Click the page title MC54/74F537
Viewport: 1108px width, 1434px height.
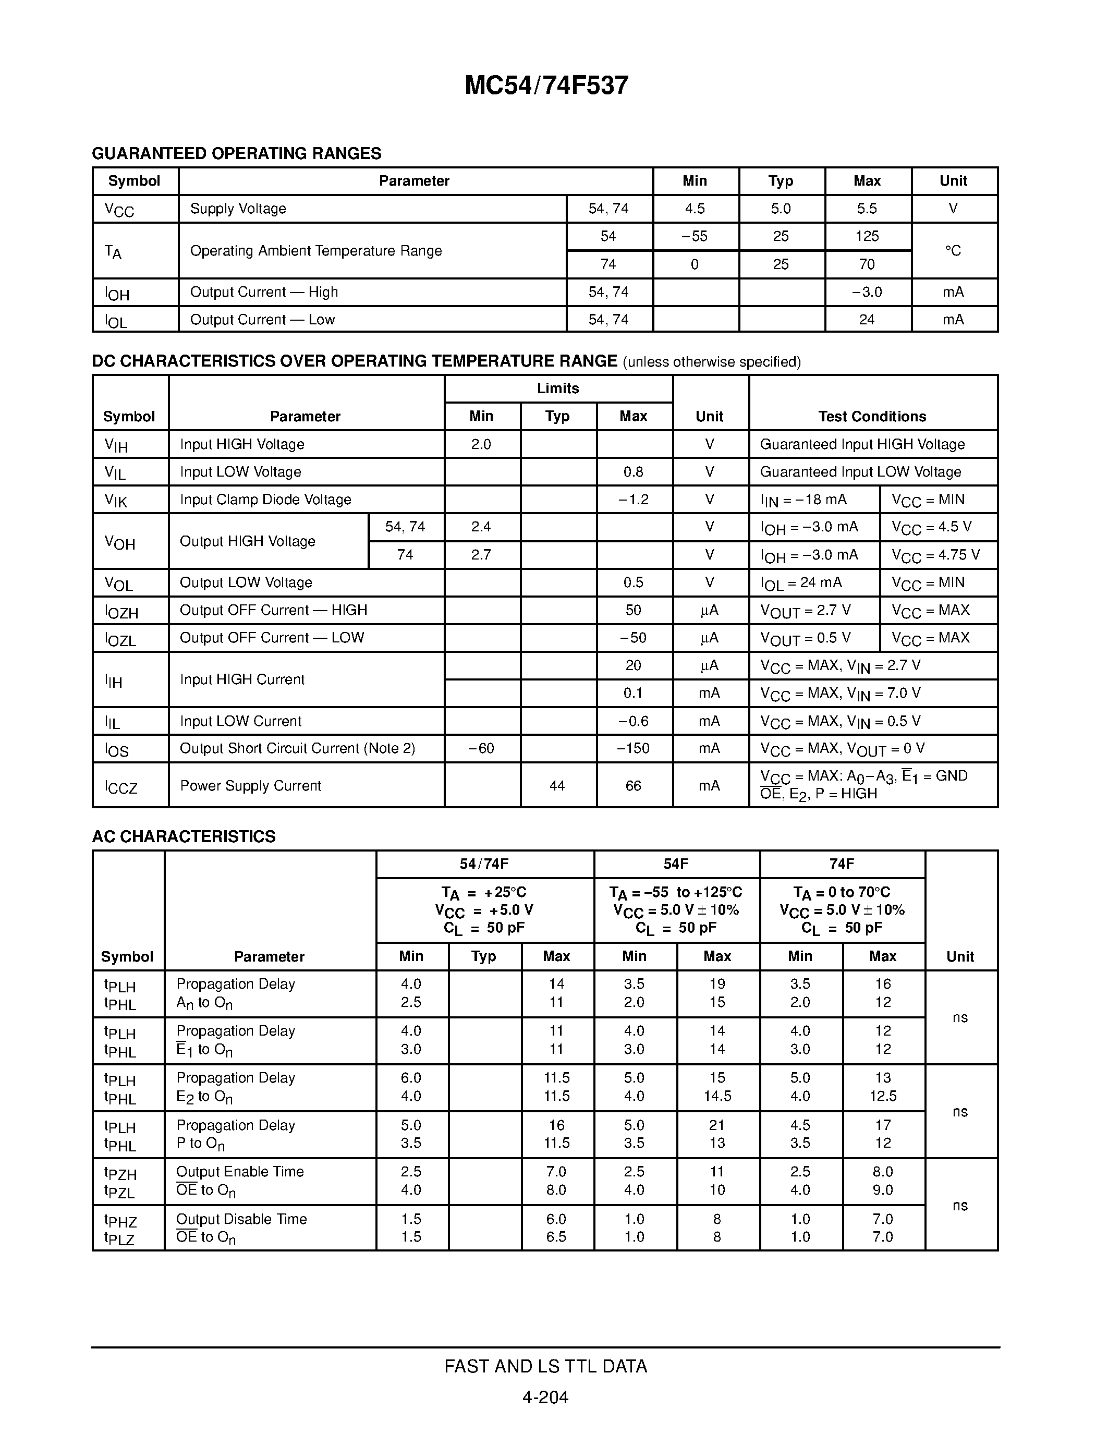[x=546, y=86]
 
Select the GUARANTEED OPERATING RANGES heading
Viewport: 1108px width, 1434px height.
[x=236, y=154]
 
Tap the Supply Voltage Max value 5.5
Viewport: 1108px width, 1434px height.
[x=867, y=209]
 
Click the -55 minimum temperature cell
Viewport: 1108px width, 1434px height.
[x=695, y=236]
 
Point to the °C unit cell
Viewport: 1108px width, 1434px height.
[x=953, y=251]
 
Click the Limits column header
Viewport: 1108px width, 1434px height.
[x=557, y=388]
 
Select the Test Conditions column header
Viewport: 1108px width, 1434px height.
[x=872, y=416]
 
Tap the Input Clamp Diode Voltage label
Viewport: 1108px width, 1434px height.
[x=265, y=500]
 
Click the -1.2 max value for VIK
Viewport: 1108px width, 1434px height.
[x=633, y=500]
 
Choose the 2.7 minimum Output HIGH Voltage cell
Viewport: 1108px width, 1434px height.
[x=481, y=555]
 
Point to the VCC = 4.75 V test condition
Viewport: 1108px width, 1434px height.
[x=935, y=555]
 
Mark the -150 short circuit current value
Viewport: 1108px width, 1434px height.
[x=633, y=748]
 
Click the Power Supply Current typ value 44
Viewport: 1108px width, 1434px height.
[x=557, y=786]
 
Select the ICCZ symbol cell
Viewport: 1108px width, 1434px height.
[x=121, y=786]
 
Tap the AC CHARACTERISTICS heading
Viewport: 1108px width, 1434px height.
[x=184, y=836]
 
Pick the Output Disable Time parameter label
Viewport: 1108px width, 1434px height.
[x=241, y=1219]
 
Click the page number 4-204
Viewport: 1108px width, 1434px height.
[x=545, y=1397]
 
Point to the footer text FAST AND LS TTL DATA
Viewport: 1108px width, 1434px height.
[x=545, y=1366]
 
